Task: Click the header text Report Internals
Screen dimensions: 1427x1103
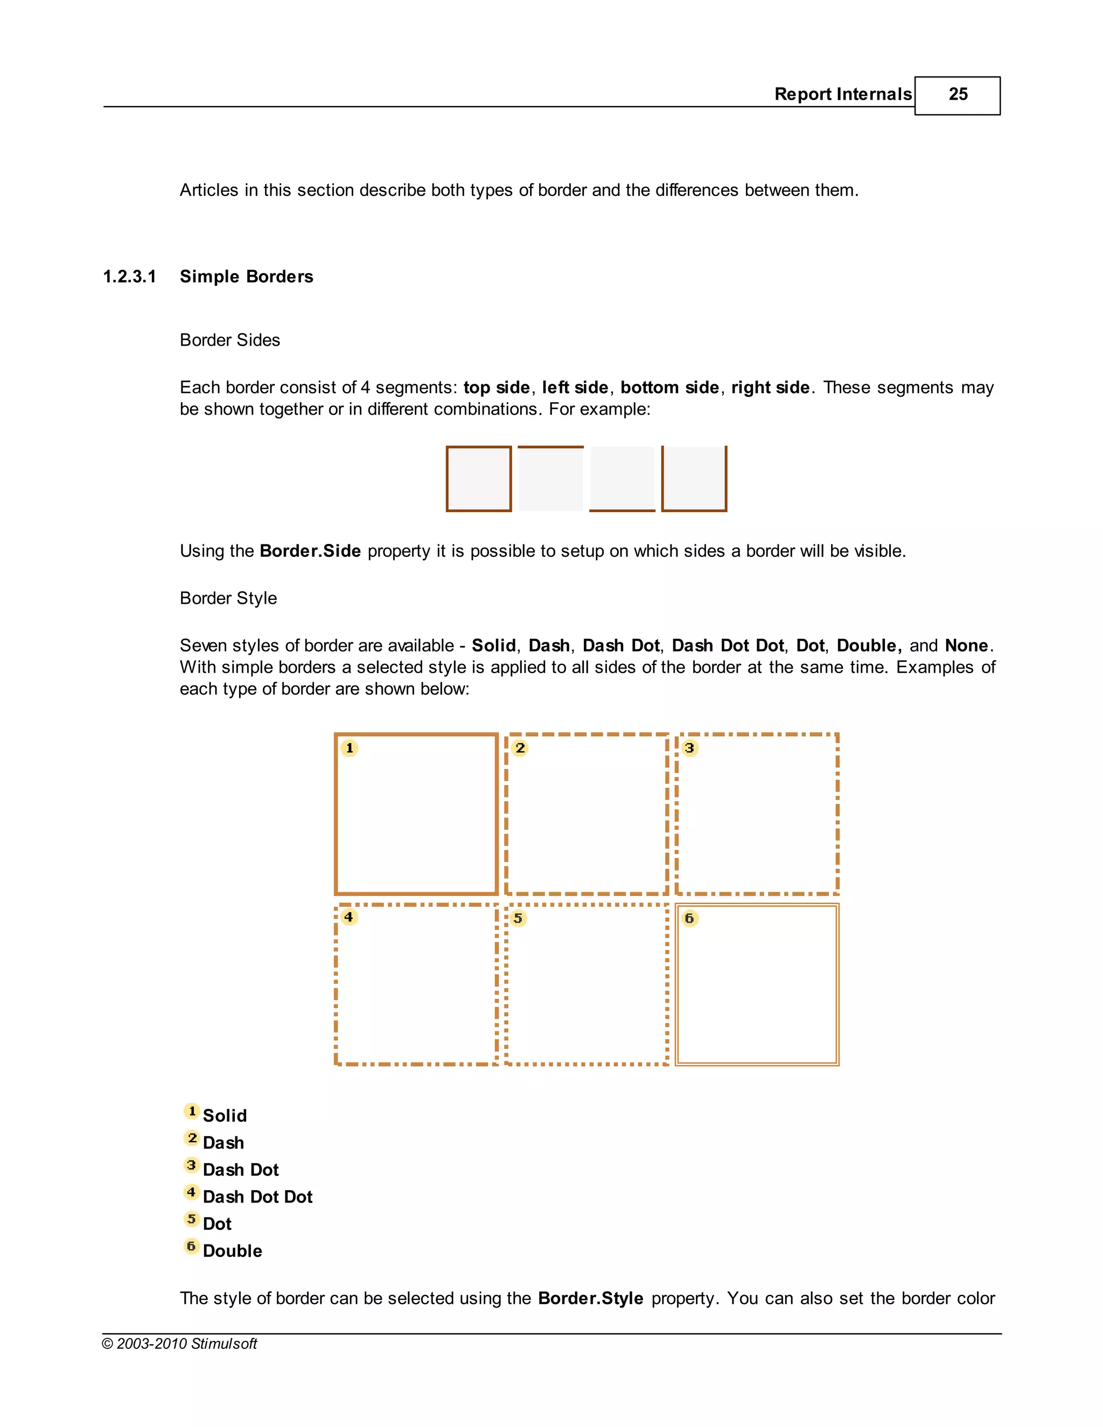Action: tap(842, 95)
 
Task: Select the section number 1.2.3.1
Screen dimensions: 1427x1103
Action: tap(129, 277)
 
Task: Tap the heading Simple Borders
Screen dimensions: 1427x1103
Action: tap(246, 277)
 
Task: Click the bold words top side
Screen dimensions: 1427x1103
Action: tap(496, 388)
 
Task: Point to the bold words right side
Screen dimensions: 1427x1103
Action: tap(770, 388)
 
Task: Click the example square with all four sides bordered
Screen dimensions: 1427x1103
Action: tap(478, 479)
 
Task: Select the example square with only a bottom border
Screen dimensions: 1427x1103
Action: tap(622, 479)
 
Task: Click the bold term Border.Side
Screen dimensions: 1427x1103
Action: tap(310, 551)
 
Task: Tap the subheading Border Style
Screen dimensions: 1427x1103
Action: tap(228, 598)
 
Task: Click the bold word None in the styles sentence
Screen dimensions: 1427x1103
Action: tap(966, 646)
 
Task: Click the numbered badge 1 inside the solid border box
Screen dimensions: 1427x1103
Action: tap(350, 748)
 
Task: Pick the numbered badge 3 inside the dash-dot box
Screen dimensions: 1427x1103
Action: tap(689, 748)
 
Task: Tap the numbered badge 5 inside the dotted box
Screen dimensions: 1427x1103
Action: tap(518, 919)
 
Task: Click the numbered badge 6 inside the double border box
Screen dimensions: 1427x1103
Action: tap(689, 919)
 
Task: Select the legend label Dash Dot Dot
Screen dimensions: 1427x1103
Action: tap(257, 1197)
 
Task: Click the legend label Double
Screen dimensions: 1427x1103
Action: tap(232, 1251)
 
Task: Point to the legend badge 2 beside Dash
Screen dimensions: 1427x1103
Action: tap(191, 1139)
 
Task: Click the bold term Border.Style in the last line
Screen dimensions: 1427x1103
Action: tap(590, 1298)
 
